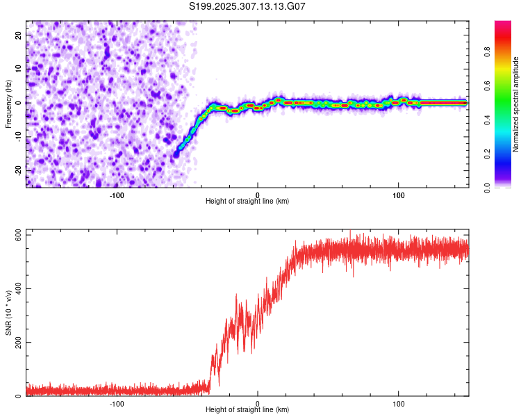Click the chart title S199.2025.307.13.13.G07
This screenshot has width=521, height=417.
coord(248,6)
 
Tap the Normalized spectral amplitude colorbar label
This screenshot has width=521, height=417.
coord(516,104)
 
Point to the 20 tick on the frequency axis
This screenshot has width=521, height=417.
coord(19,35)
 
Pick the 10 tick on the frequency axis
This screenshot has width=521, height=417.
coord(19,69)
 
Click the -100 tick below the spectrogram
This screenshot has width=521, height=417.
coord(117,194)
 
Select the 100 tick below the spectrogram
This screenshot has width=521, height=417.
coord(399,194)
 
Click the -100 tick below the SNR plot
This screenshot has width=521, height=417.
coord(117,403)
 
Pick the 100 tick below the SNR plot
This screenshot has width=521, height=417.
coord(399,403)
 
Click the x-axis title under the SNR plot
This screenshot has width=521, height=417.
coord(247,411)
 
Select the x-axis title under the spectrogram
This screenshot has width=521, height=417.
coord(247,202)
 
